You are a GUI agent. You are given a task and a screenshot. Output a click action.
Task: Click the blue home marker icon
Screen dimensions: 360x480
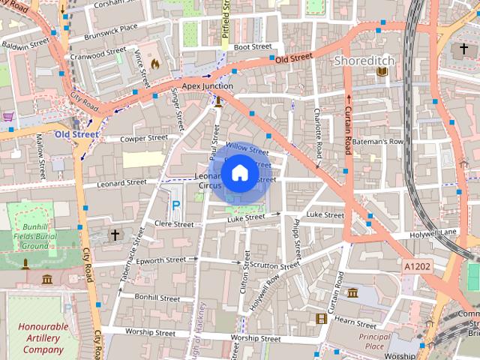point(239,173)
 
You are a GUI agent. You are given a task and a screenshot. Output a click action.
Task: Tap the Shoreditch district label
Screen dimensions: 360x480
point(364,59)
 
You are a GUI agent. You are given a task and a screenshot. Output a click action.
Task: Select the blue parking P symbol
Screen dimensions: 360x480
point(176,205)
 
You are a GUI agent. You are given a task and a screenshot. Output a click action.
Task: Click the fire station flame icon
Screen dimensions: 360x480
point(155,64)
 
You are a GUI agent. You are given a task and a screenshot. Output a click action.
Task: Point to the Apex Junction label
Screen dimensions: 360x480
point(207,86)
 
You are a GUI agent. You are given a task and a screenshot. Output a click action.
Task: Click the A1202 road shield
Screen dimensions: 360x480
point(417,266)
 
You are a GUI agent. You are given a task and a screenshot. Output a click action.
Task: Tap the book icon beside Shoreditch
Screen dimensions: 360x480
point(382,71)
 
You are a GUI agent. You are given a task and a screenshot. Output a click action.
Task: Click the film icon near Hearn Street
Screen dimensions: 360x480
point(322,319)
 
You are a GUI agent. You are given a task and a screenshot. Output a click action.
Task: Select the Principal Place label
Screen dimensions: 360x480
point(375,341)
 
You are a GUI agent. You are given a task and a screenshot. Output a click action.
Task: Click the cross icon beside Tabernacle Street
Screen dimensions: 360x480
point(115,235)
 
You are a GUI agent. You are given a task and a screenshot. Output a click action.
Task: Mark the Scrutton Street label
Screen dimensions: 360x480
point(275,265)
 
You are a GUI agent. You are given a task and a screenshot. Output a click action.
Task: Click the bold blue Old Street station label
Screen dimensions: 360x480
point(76,135)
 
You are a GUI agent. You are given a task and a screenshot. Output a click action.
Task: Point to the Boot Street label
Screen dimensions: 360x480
point(252,46)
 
